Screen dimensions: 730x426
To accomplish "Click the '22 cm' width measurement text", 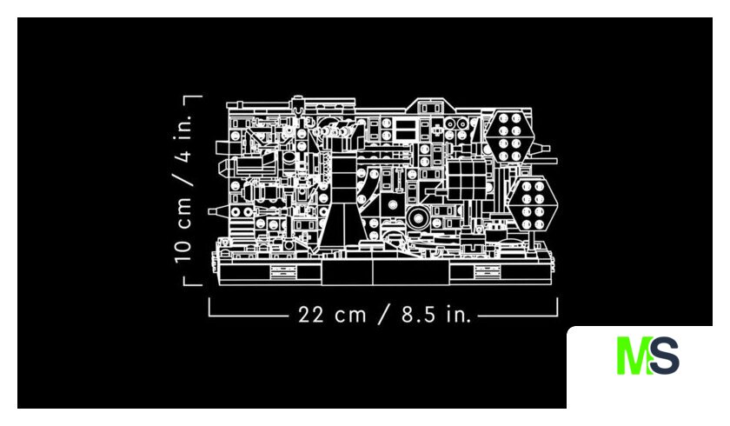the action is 332,315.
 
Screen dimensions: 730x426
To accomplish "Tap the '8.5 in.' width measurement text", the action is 436,315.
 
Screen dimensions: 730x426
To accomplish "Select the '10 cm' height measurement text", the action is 183,230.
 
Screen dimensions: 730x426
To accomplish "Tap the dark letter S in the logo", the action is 664,356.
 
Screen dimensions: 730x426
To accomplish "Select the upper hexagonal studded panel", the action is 509,136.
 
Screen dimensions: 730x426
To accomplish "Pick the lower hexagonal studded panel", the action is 533,205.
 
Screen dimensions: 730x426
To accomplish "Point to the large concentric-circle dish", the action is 418,218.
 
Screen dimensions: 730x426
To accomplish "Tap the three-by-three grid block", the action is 467,179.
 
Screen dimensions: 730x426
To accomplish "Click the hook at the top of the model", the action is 297,110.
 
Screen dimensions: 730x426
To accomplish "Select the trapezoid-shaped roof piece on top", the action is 429,106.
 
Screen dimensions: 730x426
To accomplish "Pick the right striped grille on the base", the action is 488,271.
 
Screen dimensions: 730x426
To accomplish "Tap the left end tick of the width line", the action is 209,307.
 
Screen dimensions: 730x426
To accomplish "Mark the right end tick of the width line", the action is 557,307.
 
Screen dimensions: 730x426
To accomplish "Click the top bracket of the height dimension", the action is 193,97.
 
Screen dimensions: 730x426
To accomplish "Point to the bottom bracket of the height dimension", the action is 193,283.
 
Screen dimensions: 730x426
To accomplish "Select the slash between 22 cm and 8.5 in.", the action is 383,315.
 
